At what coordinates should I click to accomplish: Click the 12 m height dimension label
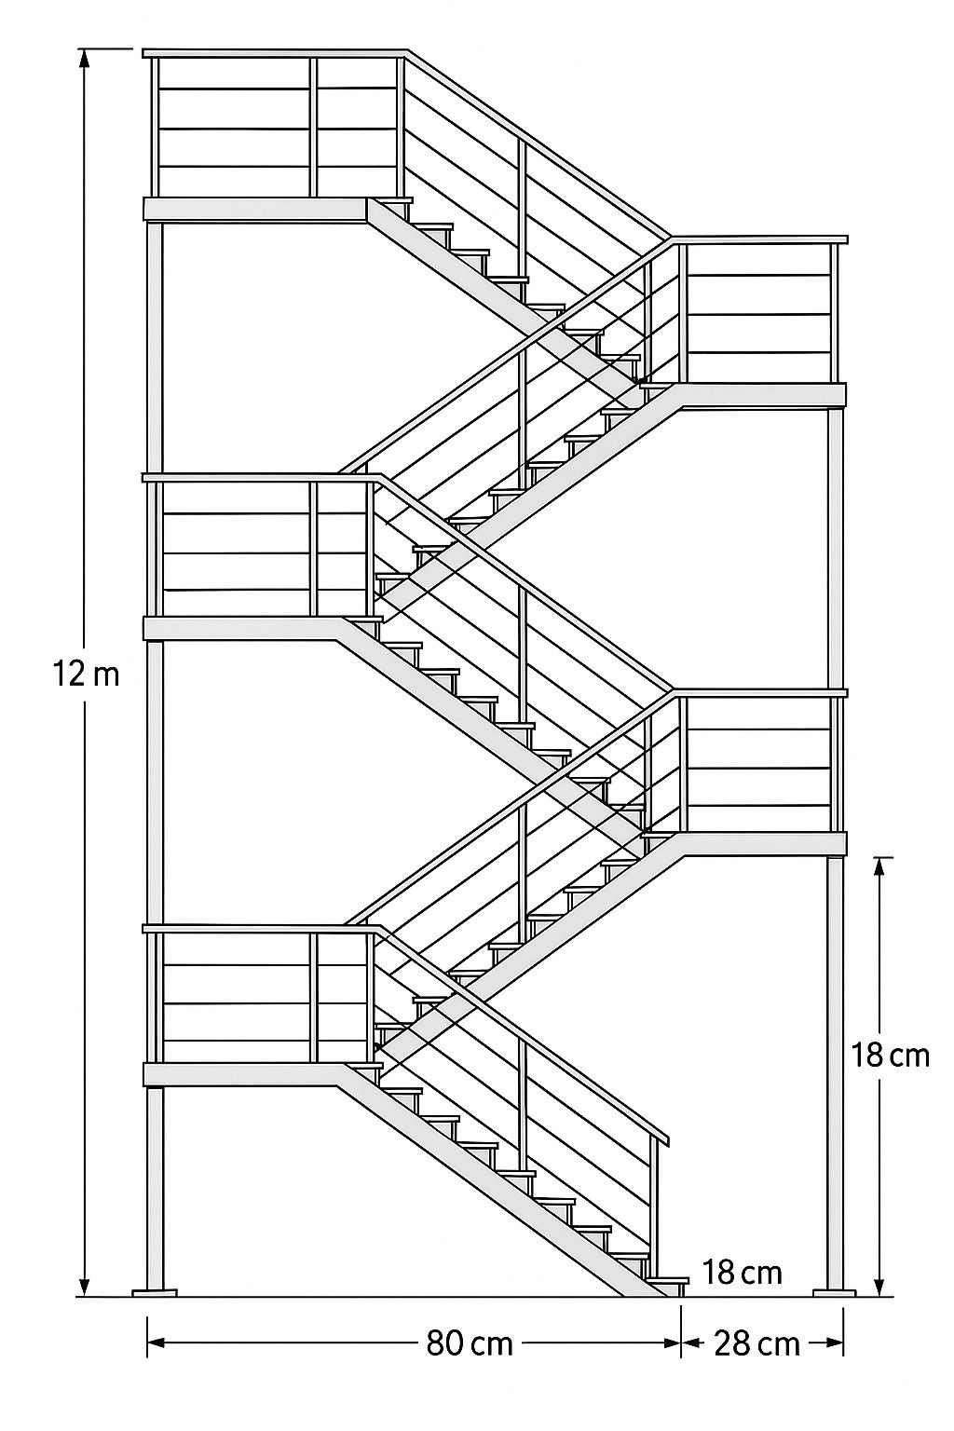coord(87,675)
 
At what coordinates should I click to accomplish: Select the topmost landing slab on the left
coord(255,210)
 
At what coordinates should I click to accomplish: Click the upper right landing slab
coord(760,395)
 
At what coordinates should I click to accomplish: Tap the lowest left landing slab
coord(243,1074)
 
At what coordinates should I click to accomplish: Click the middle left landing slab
coord(243,627)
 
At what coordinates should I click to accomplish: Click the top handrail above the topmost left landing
coord(275,53)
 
